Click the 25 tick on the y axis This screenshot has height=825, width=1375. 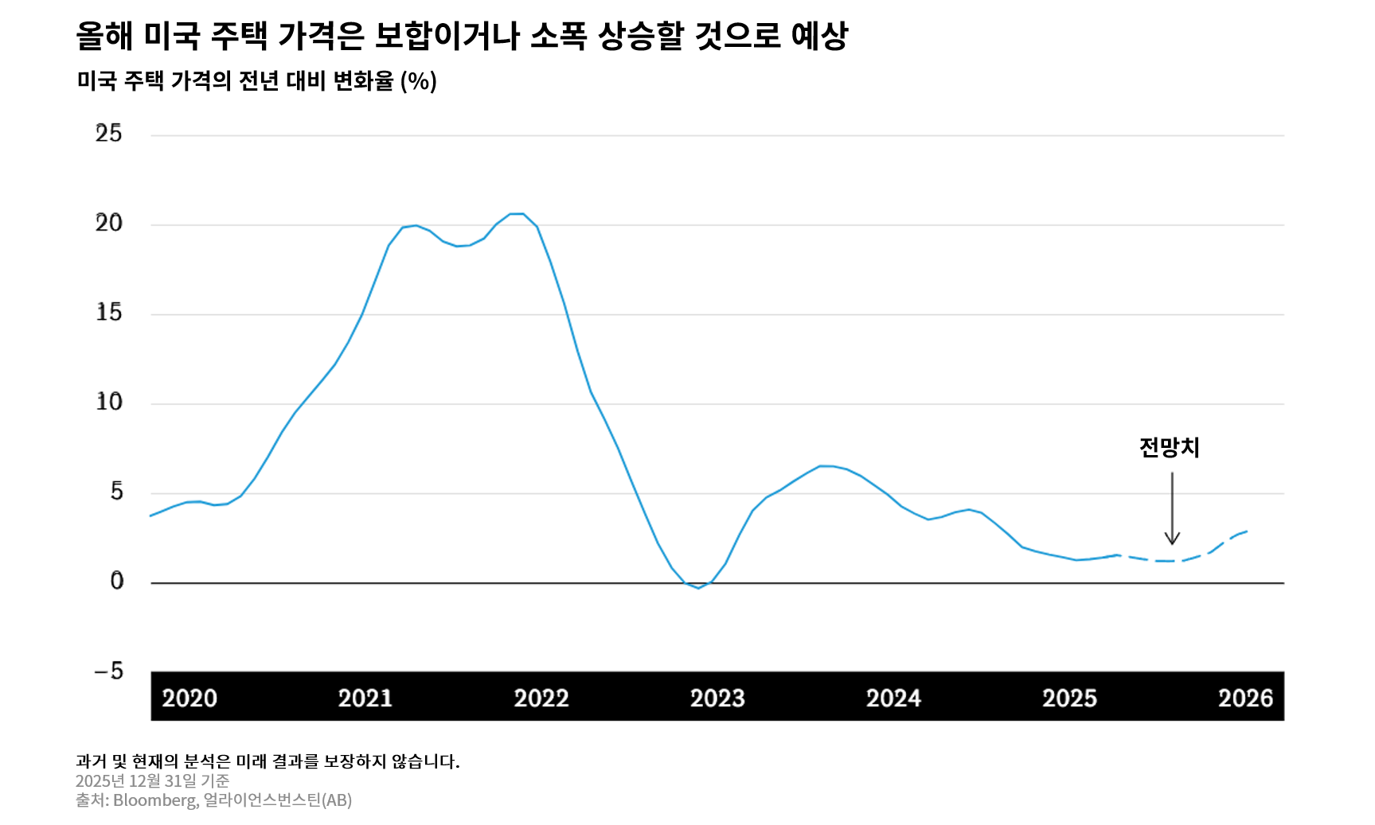[109, 133]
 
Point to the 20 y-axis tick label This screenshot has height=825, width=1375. [109, 223]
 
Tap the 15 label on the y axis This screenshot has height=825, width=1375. [109, 313]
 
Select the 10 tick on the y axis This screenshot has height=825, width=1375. [109, 402]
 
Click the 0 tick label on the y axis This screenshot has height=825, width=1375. [117, 582]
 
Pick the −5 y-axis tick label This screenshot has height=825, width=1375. [109, 671]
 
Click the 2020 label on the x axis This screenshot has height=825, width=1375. [189, 698]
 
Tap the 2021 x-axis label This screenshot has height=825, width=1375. [365, 698]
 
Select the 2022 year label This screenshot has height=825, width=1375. [541, 698]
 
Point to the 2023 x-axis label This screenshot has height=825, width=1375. [717, 698]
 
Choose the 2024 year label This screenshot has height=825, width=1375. [893, 698]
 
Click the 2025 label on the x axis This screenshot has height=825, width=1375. [1069, 698]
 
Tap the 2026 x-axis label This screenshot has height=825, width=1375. [1245, 698]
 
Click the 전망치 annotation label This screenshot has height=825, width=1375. [1169, 448]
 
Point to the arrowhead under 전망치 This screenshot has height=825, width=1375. [1172, 540]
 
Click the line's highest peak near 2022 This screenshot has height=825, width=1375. [516, 214]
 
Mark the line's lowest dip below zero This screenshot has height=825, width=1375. [698, 588]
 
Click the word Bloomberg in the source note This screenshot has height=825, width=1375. [154, 800]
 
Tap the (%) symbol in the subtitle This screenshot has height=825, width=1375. [419, 81]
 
